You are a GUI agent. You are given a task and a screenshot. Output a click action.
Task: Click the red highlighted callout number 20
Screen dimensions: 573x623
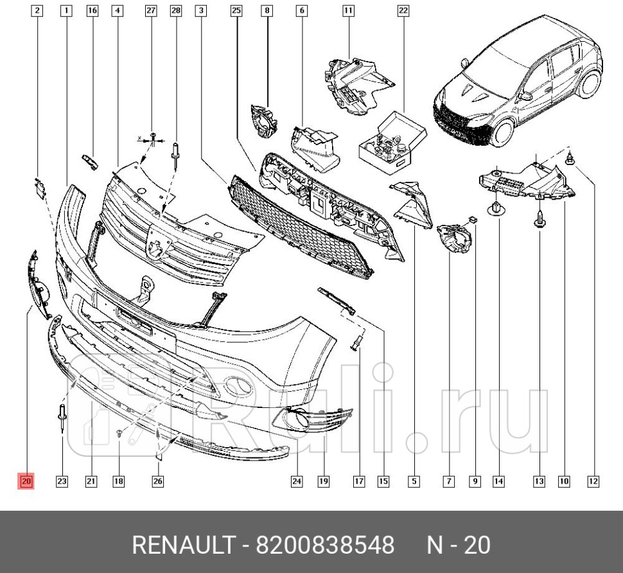pyautogui.click(x=26, y=480)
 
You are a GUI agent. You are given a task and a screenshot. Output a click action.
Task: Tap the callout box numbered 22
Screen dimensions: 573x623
pyautogui.click(x=403, y=10)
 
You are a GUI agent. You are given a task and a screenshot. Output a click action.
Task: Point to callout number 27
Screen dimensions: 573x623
pyautogui.click(x=151, y=10)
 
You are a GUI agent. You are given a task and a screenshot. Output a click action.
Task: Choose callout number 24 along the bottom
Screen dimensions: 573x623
pyautogui.click(x=297, y=480)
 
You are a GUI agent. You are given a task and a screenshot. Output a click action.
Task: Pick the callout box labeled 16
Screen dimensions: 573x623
pyautogui.click(x=92, y=10)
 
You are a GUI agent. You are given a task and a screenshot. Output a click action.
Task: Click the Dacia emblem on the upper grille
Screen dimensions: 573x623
pyautogui.click(x=156, y=243)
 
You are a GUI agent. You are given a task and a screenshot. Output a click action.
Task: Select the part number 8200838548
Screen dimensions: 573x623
pyautogui.click(x=325, y=546)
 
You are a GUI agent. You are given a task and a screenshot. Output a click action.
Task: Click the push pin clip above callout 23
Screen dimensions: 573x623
pyautogui.click(x=62, y=414)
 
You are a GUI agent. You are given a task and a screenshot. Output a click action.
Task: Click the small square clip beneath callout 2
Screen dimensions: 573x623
pyautogui.click(x=40, y=187)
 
